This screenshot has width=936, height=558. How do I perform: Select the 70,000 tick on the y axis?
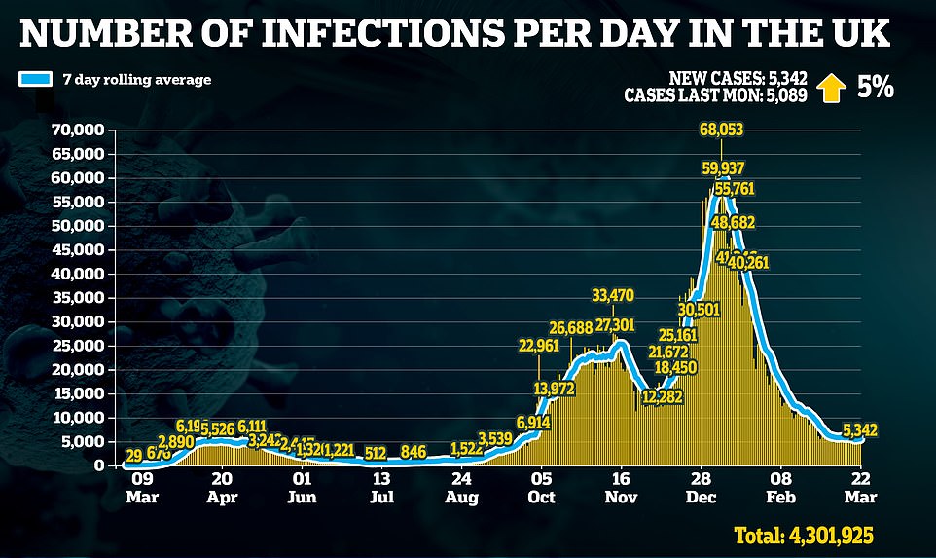79,130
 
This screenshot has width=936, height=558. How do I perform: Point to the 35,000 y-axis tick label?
79,298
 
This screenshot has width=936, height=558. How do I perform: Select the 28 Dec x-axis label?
701,486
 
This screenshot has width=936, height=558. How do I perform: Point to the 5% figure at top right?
874,87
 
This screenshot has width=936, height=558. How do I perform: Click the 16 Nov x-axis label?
622,486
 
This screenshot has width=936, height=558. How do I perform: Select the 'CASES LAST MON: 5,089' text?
714,94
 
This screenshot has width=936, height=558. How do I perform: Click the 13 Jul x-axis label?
381,486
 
